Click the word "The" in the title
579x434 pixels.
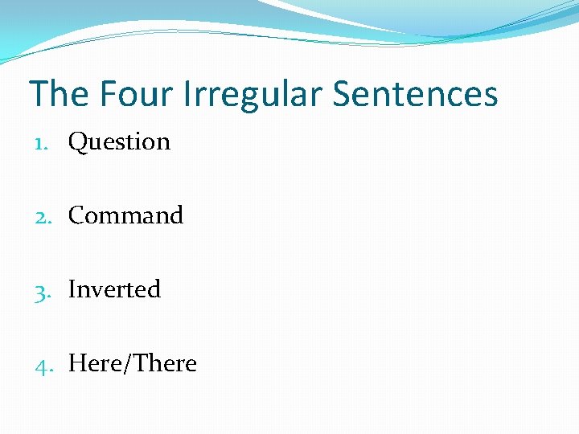59,94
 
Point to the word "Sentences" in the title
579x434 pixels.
416,94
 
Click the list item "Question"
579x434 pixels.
120,142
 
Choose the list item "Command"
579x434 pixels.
126,215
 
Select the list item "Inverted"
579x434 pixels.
115,289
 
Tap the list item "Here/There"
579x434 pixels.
133,363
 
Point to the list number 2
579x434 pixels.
40,217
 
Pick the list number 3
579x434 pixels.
40,291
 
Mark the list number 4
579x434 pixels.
40,365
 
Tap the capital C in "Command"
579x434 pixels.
78,215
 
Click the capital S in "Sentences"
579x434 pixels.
343,94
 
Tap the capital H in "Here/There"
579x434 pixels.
78,363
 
